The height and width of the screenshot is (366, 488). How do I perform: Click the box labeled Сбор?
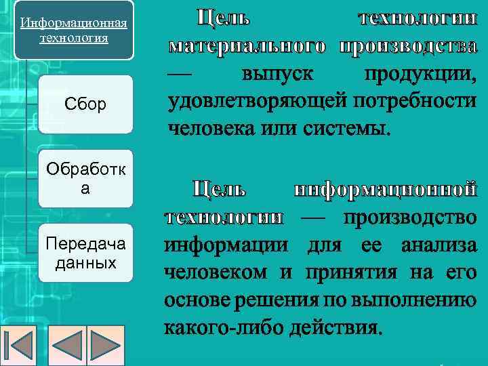point(85,105)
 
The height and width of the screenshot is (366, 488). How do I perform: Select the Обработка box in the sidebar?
point(85,178)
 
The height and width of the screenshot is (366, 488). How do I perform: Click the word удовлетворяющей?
point(256,100)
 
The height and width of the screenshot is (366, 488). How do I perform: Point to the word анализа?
point(448,245)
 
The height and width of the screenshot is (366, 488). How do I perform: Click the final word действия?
point(335,327)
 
